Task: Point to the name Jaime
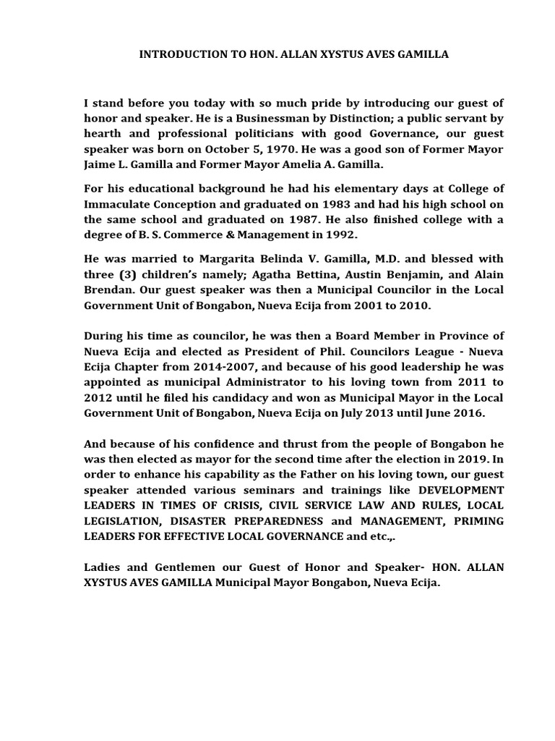[x=100, y=164]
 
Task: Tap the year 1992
[x=341, y=234]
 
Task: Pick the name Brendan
[x=108, y=290]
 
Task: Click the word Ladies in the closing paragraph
[x=102, y=567]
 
